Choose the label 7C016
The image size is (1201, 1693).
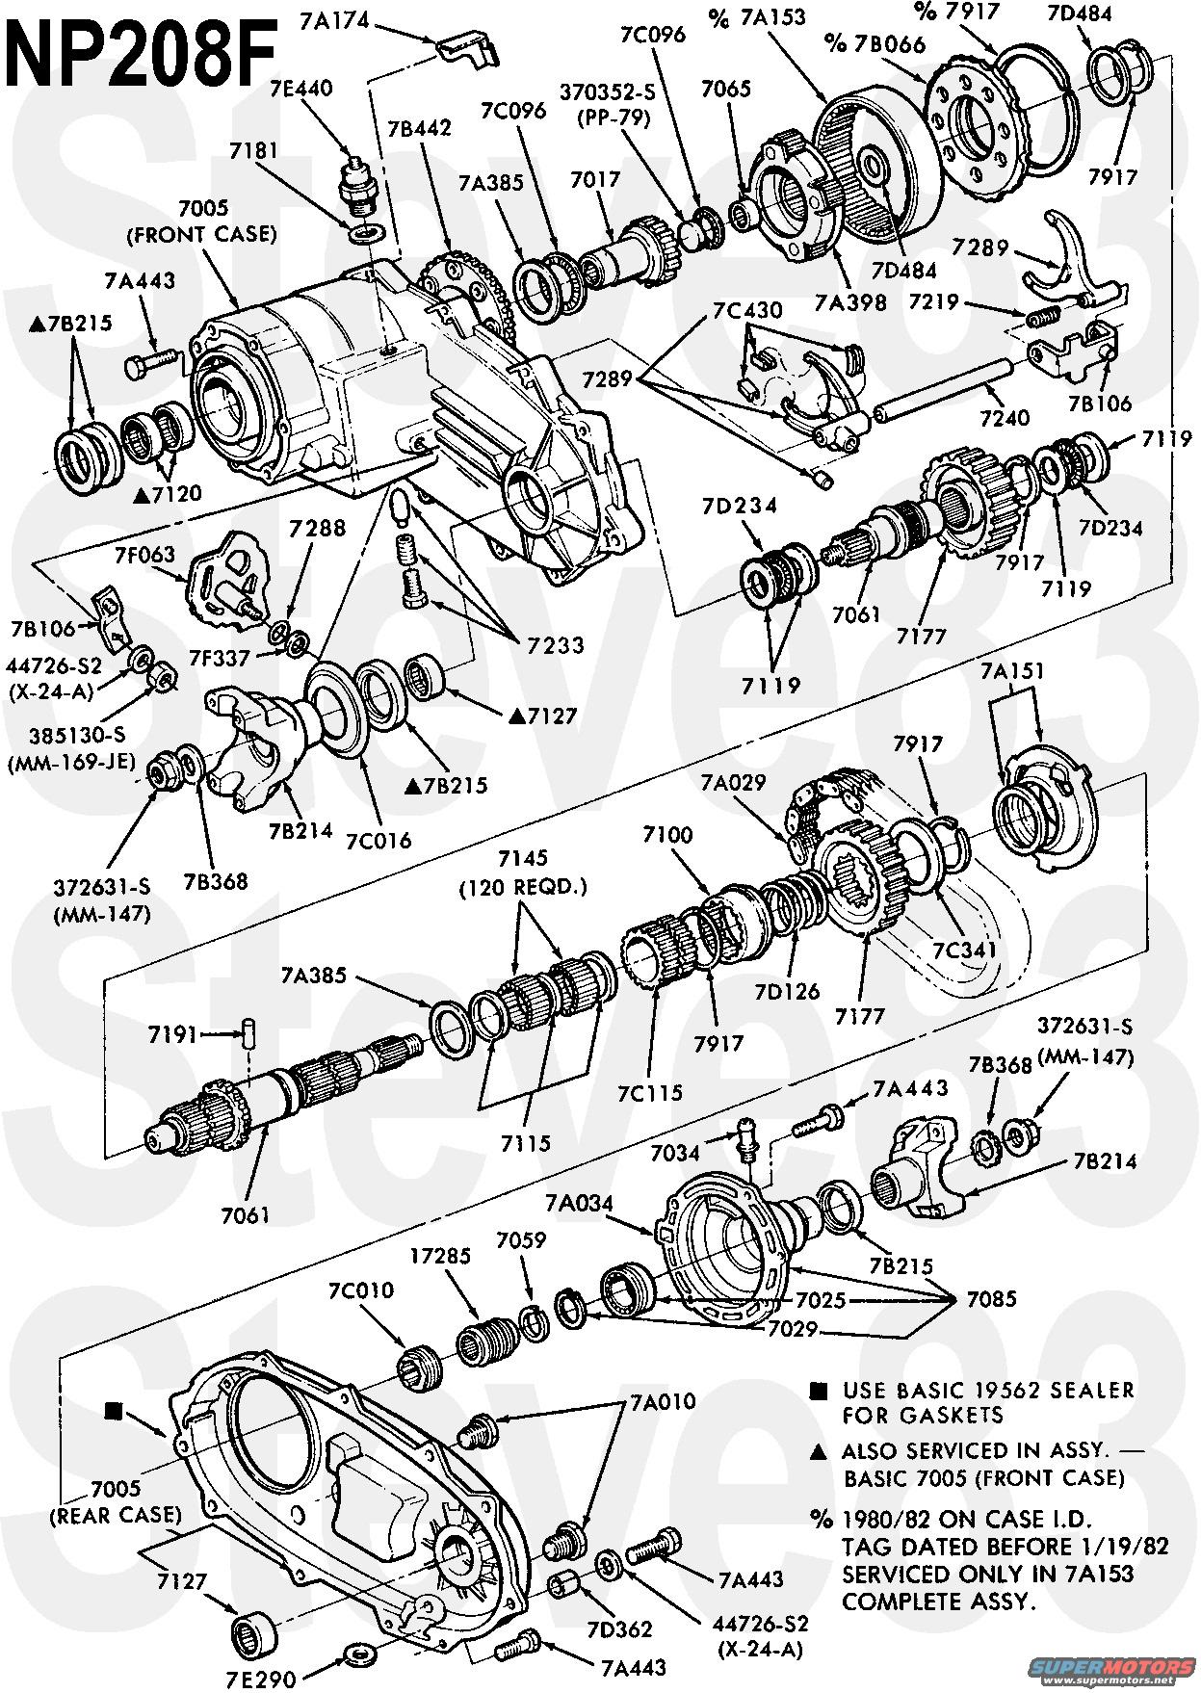click(378, 839)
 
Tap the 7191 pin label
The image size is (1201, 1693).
click(173, 1034)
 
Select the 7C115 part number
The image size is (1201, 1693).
click(650, 1092)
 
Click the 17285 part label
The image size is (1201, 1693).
click(440, 1256)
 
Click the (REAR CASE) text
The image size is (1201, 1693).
click(116, 1514)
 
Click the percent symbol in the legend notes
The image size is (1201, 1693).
click(821, 1520)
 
